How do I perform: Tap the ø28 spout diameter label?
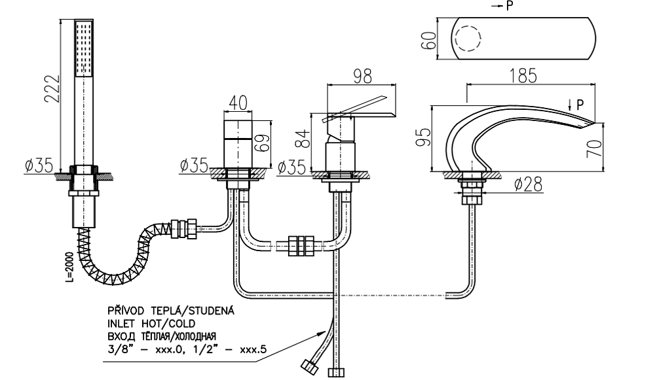point(528,185)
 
